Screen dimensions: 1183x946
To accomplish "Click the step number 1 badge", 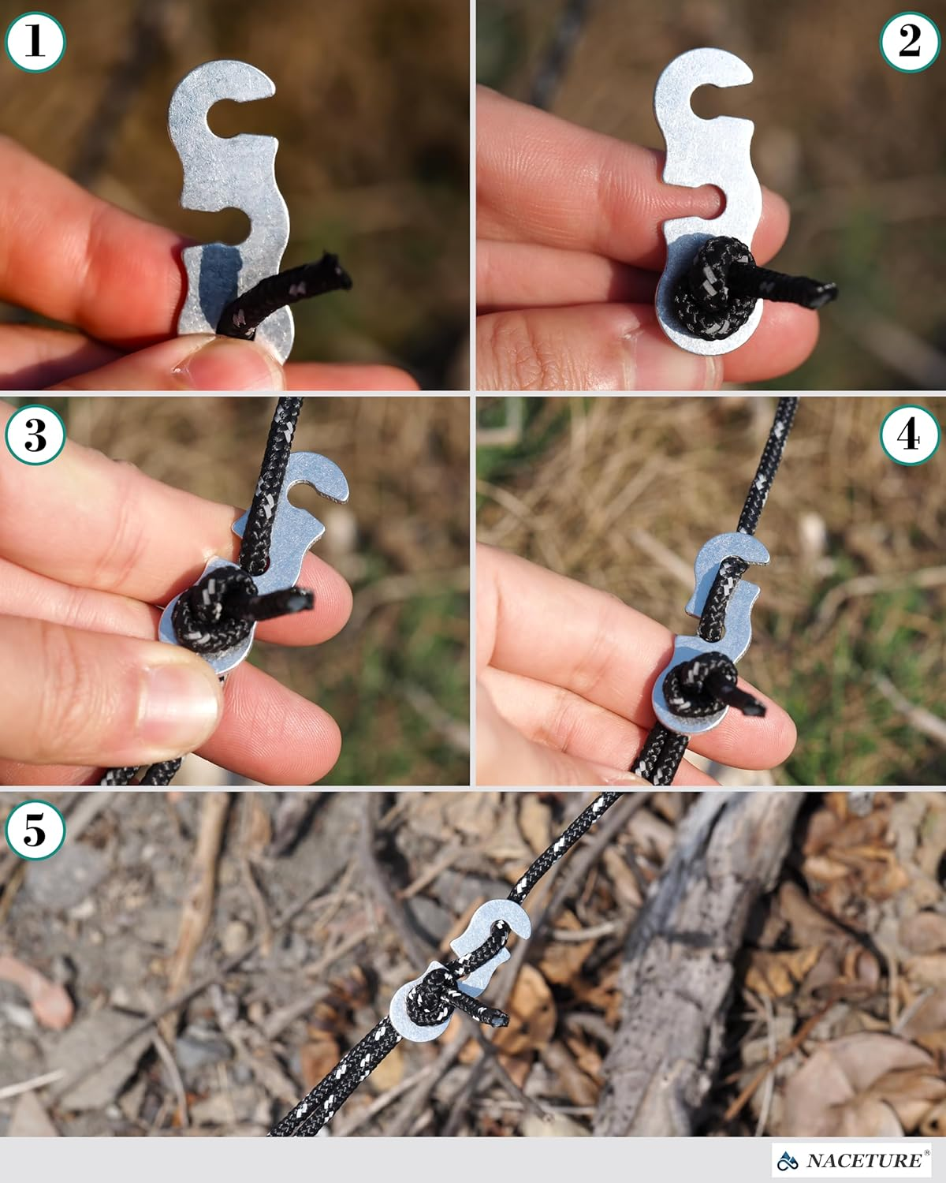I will tap(35, 41).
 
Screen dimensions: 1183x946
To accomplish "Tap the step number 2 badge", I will tap(909, 41).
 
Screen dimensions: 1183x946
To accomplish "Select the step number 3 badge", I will tap(35, 435).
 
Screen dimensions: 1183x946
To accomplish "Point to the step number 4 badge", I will tap(909, 435).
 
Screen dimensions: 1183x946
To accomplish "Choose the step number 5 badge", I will tap(35, 830).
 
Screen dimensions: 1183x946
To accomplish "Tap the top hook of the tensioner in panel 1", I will tap(225, 87).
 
